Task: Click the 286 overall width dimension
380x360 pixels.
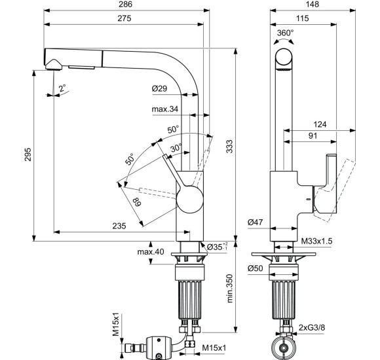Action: [125, 5]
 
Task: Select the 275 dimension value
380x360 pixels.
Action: [124, 18]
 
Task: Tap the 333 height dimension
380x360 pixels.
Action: [229, 146]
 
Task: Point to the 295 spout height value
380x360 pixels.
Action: [28, 154]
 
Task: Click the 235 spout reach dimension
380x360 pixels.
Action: [119, 226]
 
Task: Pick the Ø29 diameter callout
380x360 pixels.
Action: [159, 88]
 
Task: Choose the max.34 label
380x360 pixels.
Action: [165, 109]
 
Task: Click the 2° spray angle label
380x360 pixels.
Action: [62, 88]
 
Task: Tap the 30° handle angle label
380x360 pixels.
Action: [176, 147]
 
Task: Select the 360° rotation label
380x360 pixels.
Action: [286, 32]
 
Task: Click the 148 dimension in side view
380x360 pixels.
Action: [313, 5]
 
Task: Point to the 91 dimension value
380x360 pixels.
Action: [313, 135]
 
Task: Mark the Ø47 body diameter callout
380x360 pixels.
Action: [256, 222]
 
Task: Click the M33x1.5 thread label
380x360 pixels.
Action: [316, 241]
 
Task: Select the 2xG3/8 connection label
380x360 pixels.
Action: [312, 327]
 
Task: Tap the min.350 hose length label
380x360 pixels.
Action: [230, 289]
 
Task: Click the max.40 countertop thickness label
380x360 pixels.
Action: [151, 252]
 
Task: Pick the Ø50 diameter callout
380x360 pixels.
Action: [256, 268]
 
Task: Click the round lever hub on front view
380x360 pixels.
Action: [189, 200]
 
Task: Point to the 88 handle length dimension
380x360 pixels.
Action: [138, 202]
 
